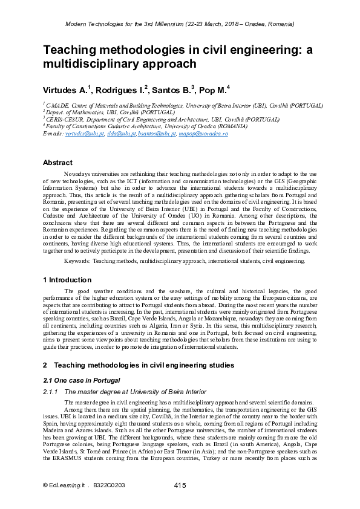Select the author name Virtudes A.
[66, 90]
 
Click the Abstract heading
[57, 163]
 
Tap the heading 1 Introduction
[67, 280]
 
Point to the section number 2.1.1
[53, 392]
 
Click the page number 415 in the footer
[180, 485]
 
